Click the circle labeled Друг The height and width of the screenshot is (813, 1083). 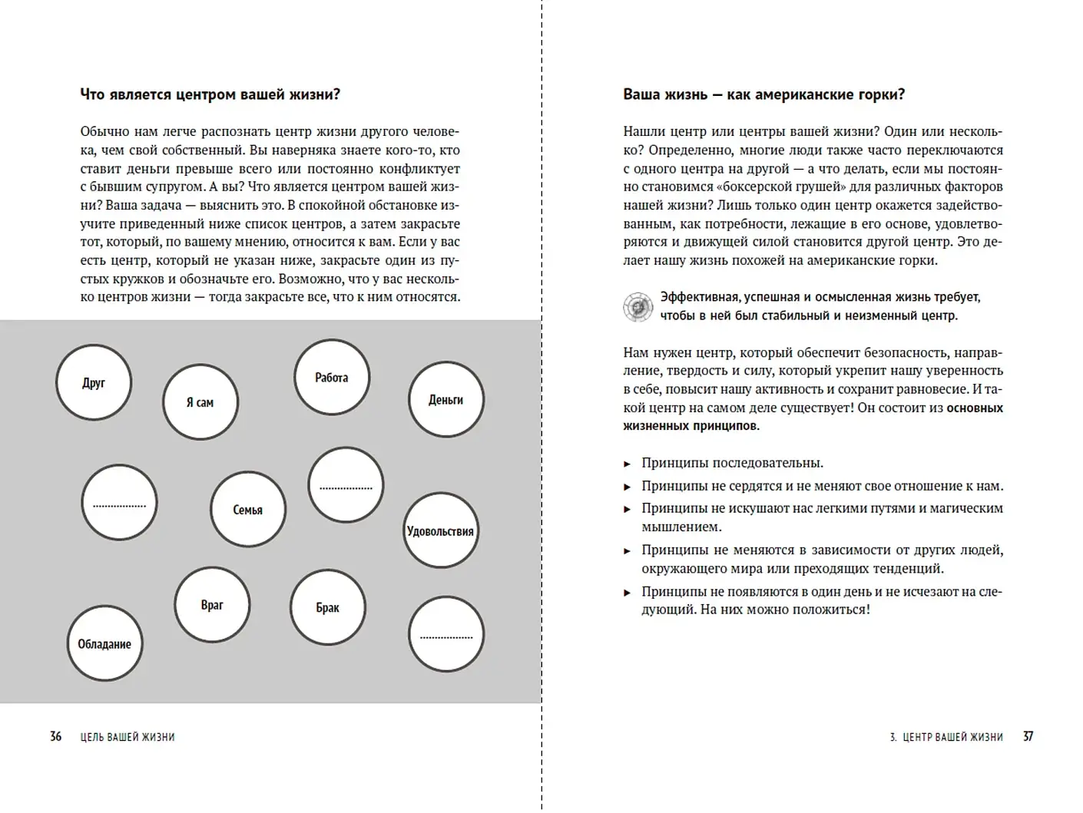pos(94,382)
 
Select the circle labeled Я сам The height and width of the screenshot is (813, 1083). pos(200,402)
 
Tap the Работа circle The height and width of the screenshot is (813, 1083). pos(332,377)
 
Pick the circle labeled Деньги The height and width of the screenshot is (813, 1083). pos(446,399)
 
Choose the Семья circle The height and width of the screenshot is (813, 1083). pos(248,509)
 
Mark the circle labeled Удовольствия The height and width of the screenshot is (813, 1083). pos(441,530)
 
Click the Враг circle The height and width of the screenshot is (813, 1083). pos(212,605)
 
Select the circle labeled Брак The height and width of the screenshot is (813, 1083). pos(328,607)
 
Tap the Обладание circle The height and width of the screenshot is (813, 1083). pos(105,643)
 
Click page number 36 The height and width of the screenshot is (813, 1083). pos(55,736)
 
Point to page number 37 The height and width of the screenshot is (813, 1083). pos(1028,736)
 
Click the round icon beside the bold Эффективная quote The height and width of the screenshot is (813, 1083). pos(638,306)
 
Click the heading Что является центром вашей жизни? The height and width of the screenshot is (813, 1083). pos(210,94)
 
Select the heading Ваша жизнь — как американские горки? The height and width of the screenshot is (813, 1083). pos(763,94)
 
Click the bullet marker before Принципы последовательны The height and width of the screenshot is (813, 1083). pos(627,464)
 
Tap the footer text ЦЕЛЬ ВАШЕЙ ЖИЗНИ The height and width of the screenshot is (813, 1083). pos(128,737)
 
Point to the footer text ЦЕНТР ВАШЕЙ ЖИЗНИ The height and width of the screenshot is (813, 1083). pos(952,737)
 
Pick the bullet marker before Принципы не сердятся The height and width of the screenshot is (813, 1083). pos(627,487)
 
